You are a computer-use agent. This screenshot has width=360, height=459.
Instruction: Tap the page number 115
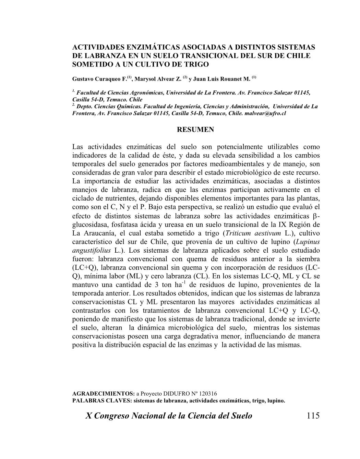(x=313, y=416)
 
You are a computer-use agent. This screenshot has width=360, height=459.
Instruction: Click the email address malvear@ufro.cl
(x=265, y=113)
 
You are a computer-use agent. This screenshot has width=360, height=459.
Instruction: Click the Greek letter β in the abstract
(x=315, y=216)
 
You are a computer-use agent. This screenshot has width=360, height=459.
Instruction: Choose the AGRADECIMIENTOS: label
(x=104, y=394)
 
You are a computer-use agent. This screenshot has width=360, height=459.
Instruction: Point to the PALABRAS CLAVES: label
(x=102, y=400)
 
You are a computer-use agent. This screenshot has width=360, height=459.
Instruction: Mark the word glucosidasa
(x=88, y=225)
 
